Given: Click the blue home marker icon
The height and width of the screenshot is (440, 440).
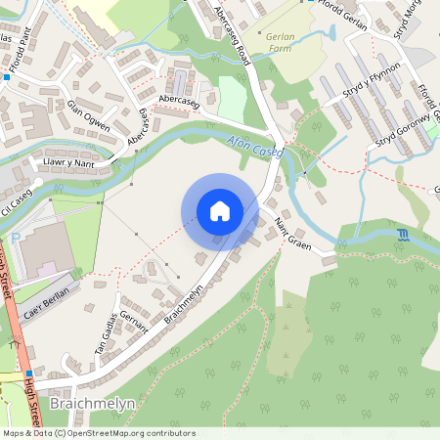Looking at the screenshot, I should tap(220, 211).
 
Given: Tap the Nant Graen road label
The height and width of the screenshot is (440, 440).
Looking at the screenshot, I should tap(292, 236).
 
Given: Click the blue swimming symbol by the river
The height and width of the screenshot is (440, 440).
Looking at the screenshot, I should tap(404, 235).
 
